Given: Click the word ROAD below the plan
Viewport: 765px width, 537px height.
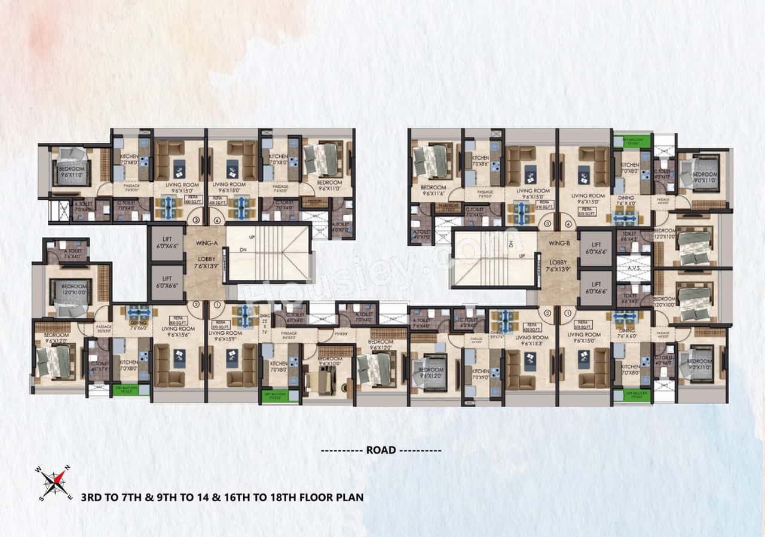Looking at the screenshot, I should [381, 450].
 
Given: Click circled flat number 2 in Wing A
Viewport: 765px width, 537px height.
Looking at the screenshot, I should [196, 304].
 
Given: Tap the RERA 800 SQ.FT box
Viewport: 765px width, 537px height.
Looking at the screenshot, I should [176, 319].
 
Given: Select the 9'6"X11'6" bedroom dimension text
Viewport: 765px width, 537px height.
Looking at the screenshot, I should [428, 194].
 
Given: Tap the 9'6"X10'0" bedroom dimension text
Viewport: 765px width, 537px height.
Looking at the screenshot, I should [329, 363].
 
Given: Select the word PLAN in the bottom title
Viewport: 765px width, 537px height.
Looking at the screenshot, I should [349, 496].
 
